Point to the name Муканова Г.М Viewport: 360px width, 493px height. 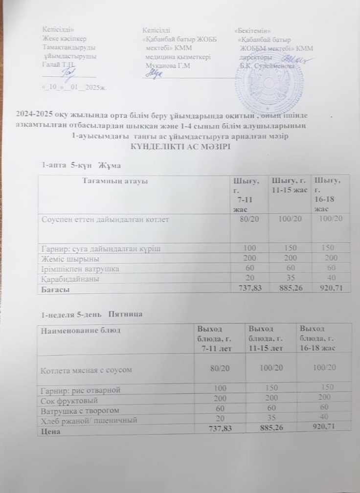pyautogui.click(x=164, y=65)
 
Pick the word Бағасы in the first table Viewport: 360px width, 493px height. pyautogui.click(x=55, y=289)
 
